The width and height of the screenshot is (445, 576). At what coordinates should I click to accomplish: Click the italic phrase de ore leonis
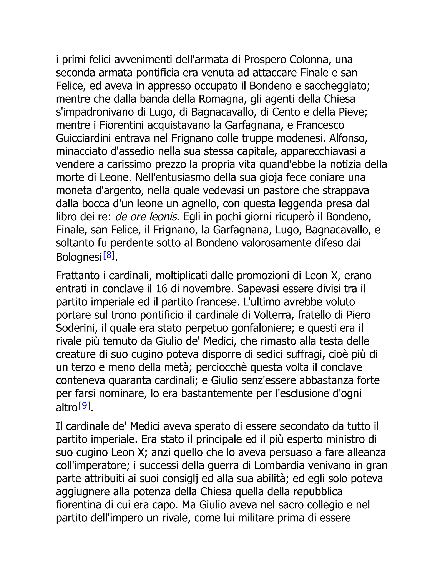(146, 217)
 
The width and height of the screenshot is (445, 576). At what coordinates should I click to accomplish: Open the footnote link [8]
(109, 255)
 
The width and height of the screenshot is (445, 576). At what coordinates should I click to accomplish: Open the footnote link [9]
(85, 405)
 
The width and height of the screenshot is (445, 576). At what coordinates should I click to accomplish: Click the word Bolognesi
(79, 257)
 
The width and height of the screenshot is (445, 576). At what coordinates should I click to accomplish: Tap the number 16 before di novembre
(162, 289)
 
